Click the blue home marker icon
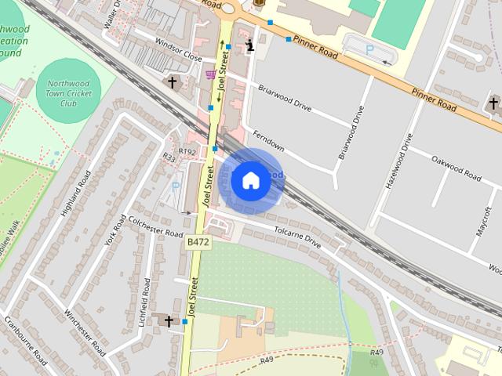click(249, 180)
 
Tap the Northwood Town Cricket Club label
click(68, 92)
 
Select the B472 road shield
click(198, 244)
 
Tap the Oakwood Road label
click(455, 168)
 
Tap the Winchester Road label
click(85, 333)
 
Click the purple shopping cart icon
click(210, 74)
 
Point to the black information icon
click(250, 45)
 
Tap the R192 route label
click(187, 152)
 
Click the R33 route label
click(169, 157)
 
